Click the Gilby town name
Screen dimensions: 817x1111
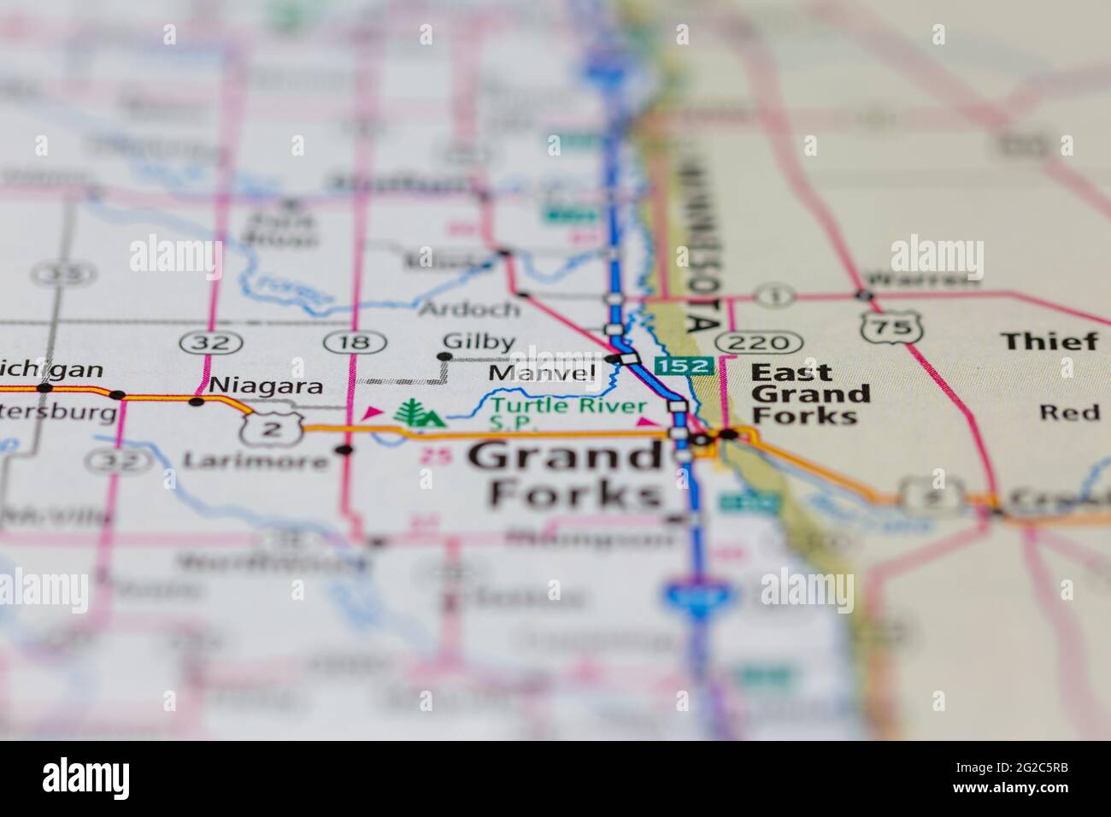click(479, 343)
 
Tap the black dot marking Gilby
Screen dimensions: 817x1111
click(444, 356)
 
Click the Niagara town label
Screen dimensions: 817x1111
click(266, 386)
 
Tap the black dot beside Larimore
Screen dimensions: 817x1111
click(344, 450)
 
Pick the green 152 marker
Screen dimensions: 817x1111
click(683, 366)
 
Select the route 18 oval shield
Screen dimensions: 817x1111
click(352, 343)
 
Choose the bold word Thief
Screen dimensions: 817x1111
click(1049, 342)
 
